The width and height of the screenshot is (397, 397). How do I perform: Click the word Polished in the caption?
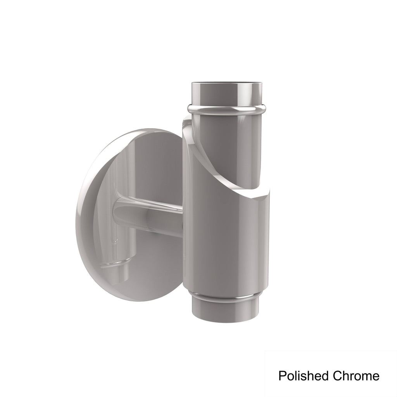pyautogui.click(x=304, y=376)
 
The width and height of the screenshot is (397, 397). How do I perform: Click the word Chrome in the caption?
pyautogui.click(x=356, y=376)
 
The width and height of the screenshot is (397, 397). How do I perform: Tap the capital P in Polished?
pyautogui.click(x=282, y=376)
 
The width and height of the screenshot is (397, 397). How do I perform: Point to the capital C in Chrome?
pyautogui.click(x=337, y=376)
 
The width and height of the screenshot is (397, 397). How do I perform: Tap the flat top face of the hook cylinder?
pyautogui.click(x=226, y=83)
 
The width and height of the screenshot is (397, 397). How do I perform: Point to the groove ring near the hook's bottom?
pyautogui.click(x=225, y=296)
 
